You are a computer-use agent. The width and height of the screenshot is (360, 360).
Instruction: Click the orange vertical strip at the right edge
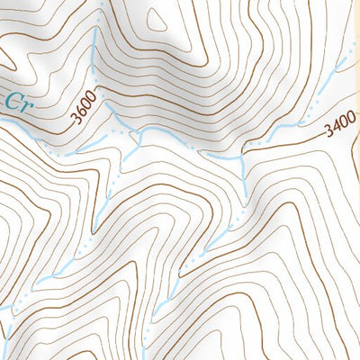pos(356,180)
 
